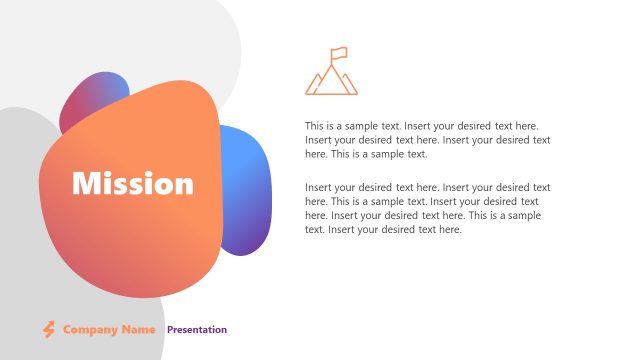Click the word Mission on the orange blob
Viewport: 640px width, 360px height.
click(x=133, y=183)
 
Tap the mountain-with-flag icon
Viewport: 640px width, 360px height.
click(x=331, y=71)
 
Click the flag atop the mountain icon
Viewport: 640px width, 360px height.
click(x=340, y=52)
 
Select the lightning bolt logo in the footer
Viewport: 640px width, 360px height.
click(x=48, y=329)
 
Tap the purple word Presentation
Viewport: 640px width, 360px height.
click(x=197, y=329)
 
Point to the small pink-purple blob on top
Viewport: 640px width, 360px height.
click(x=94, y=95)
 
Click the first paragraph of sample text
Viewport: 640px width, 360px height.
click(x=427, y=140)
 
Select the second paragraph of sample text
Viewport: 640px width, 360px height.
click(x=427, y=208)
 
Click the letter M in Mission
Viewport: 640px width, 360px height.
click(x=83, y=183)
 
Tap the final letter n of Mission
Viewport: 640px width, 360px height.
click(x=185, y=185)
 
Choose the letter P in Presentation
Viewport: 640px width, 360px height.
click(x=170, y=329)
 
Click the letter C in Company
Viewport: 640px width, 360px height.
click(x=67, y=329)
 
